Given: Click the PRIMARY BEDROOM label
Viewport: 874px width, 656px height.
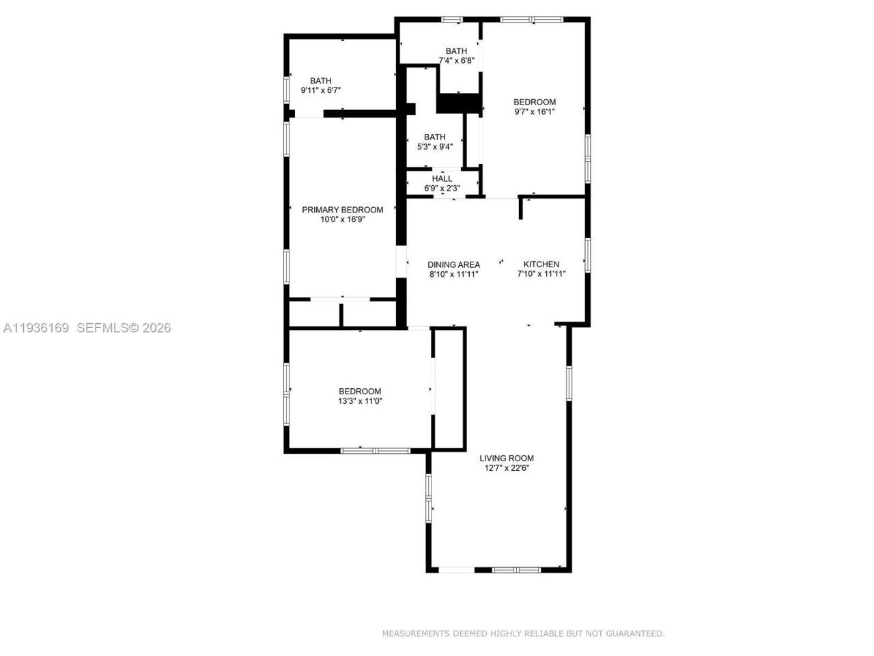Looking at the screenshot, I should tap(342, 210).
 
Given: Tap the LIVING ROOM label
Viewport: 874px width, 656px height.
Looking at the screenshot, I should tap(506, 459).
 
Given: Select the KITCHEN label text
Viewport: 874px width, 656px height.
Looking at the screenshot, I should tap(541, 264).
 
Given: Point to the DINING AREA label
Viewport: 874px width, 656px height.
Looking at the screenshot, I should tap(453, 264).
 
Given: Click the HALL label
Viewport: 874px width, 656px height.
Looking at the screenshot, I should tap(442, 179).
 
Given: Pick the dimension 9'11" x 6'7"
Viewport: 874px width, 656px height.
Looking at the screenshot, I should tap(320, 90).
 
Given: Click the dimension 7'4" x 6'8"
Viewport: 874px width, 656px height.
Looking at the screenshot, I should tap(456, 60).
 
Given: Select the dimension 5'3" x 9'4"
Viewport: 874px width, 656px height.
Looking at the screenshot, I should tap(434, 146).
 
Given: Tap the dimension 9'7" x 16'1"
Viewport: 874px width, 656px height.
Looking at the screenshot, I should tap(534, 111).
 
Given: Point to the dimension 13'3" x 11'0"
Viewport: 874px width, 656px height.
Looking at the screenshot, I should tap(360, 401).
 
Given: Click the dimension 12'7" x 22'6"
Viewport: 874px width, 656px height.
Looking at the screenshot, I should tap(506, 468).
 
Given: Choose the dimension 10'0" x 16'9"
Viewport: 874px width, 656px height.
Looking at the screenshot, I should tap(342, 219).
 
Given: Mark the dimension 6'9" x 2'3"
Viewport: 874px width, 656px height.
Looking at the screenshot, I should tap(442, 188).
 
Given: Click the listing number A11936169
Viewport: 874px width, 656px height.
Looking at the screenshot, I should tap(36, 328).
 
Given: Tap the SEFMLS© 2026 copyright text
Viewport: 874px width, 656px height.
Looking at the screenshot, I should tap(124, 328).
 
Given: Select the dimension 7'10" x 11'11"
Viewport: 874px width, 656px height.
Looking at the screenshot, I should tap(541, 274).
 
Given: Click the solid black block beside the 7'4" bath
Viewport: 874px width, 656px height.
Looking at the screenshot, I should tap(459, 103).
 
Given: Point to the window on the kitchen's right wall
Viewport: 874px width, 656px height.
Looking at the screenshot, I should tap(587, 255).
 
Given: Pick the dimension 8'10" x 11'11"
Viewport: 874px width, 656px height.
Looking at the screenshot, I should tap(453, 274).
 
